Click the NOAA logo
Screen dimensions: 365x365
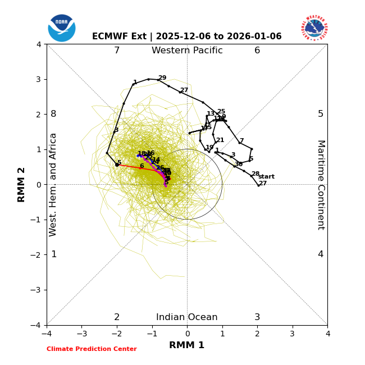coord(62,28)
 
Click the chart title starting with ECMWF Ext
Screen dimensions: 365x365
coord(187,36)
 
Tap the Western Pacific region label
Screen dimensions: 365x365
coord(187,51)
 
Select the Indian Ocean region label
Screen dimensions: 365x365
coord(187,317)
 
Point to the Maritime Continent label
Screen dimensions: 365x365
coord(321,185)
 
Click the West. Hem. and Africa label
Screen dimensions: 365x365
coord(53,185)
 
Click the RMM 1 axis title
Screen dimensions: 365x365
coord(187,345)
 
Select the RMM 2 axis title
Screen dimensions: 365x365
coord(22,184)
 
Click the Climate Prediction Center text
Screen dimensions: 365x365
coord(92,349)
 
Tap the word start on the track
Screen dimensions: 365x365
coord(266,177)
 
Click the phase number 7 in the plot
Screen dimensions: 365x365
coord(117,51)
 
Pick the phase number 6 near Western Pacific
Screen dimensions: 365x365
coord(257,51)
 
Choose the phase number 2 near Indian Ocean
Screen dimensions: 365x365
coord(117,317)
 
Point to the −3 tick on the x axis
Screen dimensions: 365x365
coord(81,334)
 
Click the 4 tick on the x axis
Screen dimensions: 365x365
coord(327,334)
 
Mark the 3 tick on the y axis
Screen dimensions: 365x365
coord(38,79)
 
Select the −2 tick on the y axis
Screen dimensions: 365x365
coord(36,255)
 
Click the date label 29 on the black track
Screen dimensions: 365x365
coord(162,78)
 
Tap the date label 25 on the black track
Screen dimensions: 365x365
coord(221,112)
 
